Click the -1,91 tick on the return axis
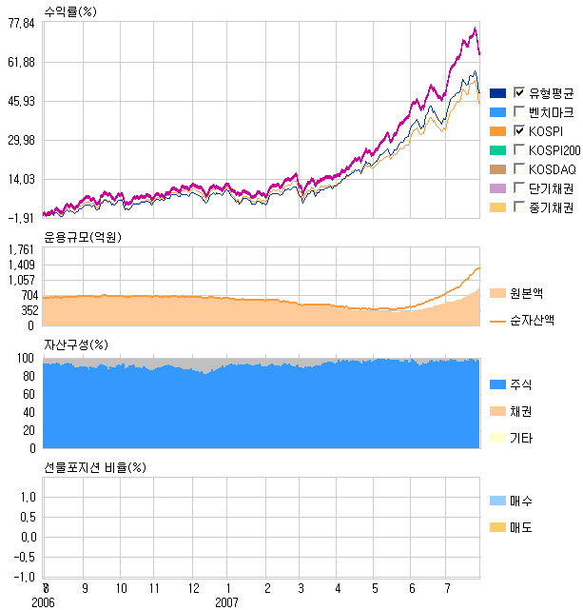pos(21,217)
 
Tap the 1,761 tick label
pos(21,250)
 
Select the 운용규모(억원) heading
pos(83,236)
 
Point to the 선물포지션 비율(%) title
pos(95,467)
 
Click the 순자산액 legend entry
pos(532,321)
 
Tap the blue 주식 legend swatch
pos(497,384)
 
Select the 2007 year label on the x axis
pos(226,602)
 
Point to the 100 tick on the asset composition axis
pos(27,359)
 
